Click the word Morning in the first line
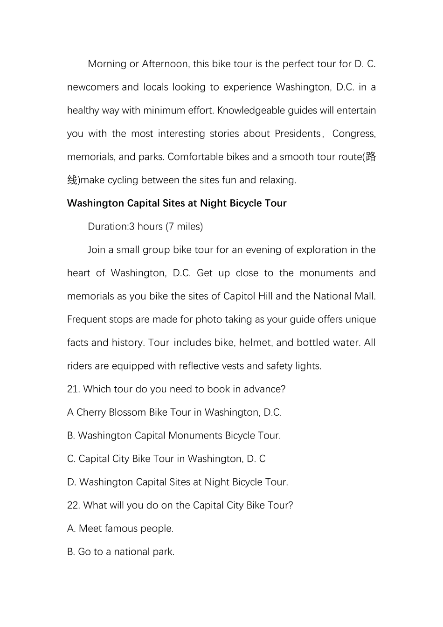(107, 64)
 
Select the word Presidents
(298, 134)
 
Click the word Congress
(353, 134)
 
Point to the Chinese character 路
(371, 157)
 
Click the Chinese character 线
(72, 180)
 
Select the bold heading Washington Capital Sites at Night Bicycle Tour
(177, 203)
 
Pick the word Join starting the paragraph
(97, 250)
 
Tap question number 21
(74, 389)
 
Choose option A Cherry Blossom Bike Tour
(174, 412)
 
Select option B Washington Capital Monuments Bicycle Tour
(174, 436)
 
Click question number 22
(74, 505)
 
